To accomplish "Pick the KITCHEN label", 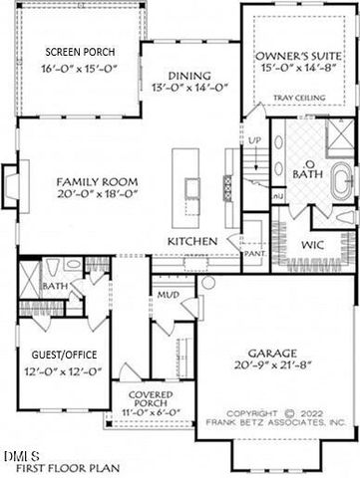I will [x=191, y=241].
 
